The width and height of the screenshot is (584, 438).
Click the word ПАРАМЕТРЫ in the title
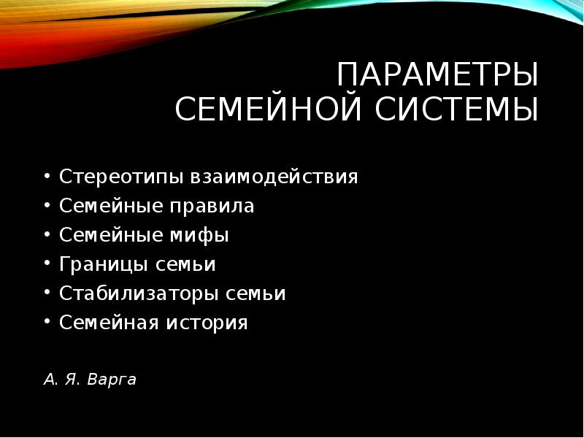pos(438,76)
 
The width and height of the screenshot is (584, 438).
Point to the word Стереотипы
pos(122,177)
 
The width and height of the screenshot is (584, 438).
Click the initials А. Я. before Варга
pos(61,380)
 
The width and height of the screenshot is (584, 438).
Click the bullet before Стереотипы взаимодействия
pos(47,177)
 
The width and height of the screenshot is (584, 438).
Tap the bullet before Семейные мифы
pos(47,236)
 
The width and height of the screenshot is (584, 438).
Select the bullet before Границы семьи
pos(47,265)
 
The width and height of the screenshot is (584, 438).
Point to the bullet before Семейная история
pos(47,323)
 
